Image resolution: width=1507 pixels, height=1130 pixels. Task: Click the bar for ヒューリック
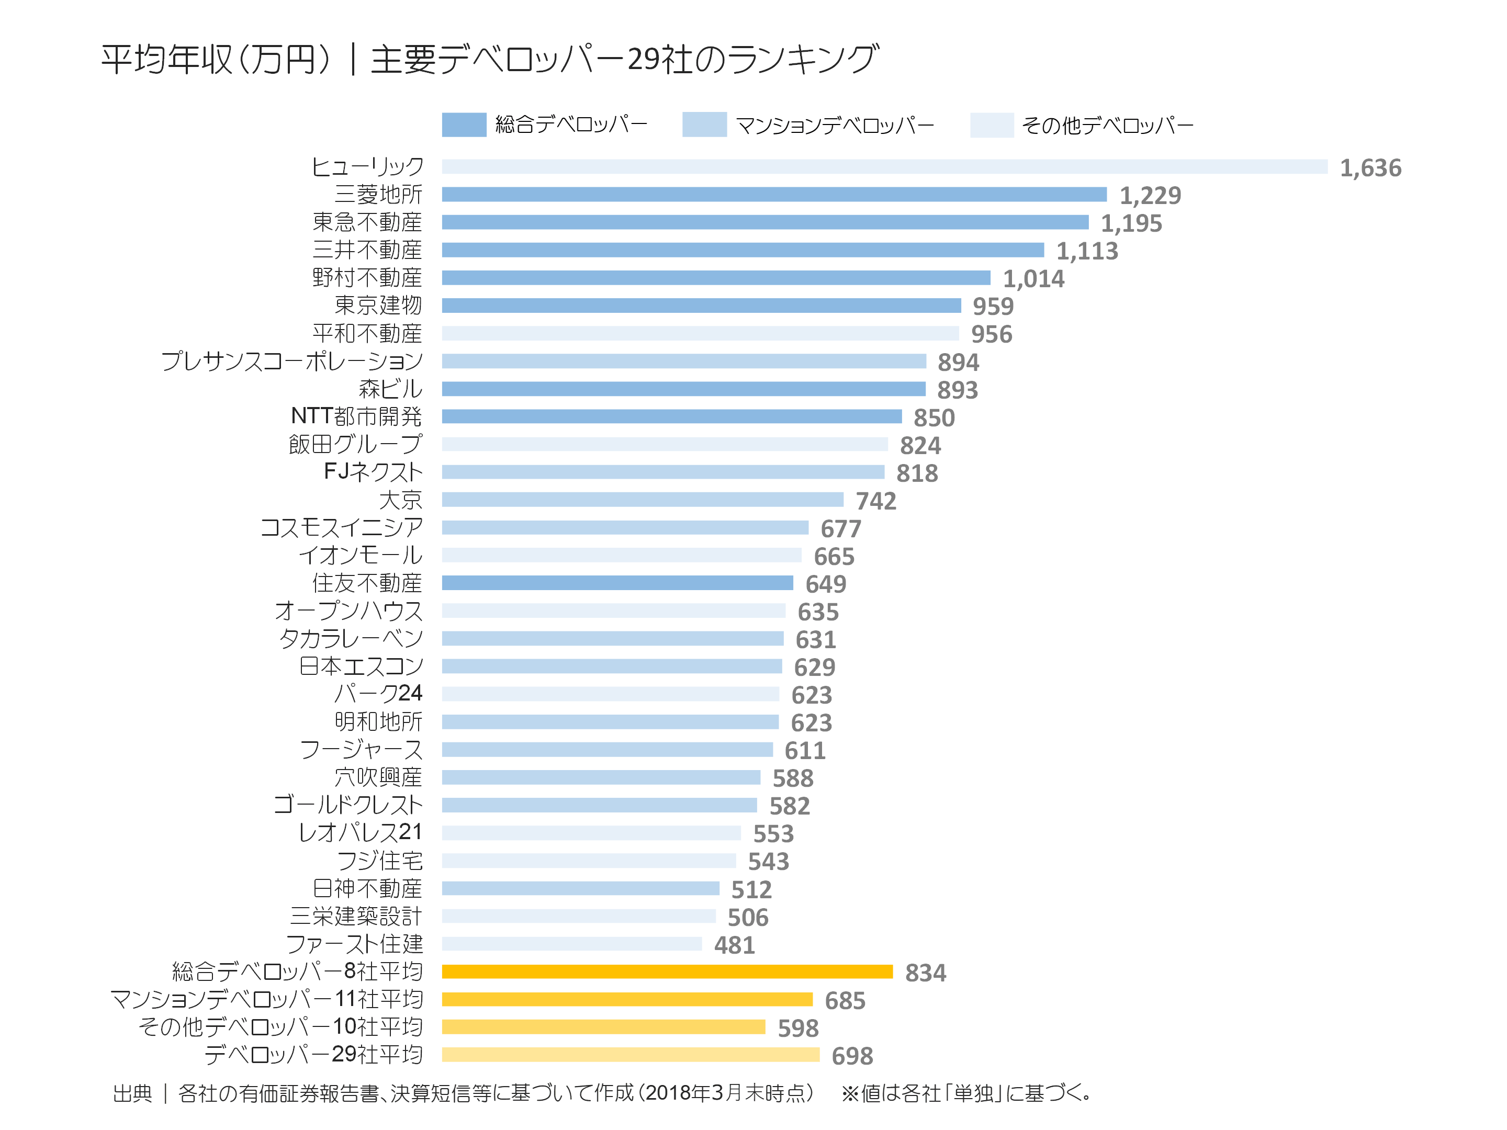(884, 167)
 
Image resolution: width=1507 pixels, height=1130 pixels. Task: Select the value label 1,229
(1150, 196)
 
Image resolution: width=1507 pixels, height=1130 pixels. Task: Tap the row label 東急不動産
(367, 222)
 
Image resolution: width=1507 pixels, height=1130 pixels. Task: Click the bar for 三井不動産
(743, 250)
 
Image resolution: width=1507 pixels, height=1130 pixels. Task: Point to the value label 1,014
(1033, 279)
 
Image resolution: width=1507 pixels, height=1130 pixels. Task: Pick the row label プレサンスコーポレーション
(291, 361)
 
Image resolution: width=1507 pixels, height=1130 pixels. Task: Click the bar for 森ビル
(683, 389)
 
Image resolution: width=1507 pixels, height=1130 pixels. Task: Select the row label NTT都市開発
(356, 416)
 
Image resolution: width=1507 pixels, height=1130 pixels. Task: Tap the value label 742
(875, 501)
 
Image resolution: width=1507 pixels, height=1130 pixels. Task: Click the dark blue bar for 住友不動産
(617, 583)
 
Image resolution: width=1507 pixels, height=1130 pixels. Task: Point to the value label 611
(805, 751)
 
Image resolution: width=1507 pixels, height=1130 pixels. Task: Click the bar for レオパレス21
(591, 833)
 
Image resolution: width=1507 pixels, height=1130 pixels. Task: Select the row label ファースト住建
(354, 944)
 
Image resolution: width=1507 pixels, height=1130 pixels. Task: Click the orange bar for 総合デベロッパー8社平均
(667, 972)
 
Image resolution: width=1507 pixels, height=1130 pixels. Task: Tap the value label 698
(851, 1056)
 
